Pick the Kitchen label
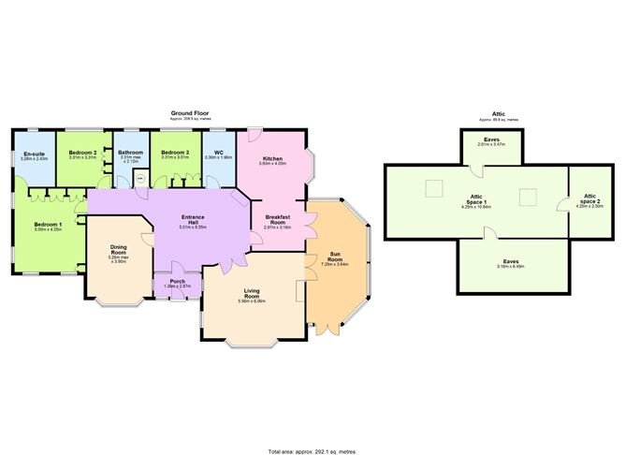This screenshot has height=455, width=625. [272, 158]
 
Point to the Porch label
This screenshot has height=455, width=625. [177, 281]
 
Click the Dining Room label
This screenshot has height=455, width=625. [118, 251]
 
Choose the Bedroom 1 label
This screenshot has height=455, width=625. [48, 224]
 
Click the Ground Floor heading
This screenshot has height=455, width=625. [190, 113]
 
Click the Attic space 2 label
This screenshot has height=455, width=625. [589, 199]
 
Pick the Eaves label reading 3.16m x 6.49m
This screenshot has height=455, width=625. [511, 262]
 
